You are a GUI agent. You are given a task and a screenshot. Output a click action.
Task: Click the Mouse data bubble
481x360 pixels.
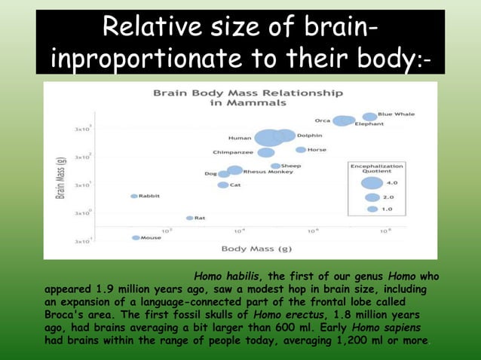136,238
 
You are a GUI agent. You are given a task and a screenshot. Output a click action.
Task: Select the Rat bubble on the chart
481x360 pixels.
190,218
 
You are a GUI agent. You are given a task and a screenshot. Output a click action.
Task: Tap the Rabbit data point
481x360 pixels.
134,196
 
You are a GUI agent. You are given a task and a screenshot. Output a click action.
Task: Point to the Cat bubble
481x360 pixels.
223,185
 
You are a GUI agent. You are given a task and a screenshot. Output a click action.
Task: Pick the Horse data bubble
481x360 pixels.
300,150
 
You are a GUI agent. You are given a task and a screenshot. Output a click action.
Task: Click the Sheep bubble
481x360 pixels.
276,166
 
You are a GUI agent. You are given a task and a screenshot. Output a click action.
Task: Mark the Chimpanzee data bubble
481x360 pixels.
266,153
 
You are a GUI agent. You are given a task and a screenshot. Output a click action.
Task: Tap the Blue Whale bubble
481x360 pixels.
369,117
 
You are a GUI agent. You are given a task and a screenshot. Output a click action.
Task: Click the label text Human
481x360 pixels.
240,138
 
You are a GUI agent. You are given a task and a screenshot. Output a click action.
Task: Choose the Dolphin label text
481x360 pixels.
309,136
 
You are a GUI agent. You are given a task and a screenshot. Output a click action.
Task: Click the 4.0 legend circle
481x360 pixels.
372,182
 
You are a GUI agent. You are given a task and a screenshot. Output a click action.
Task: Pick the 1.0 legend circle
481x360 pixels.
372,209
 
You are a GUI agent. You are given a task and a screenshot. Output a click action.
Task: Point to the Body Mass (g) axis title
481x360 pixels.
256,249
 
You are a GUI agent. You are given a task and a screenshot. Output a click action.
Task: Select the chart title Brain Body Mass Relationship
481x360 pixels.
247,93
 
